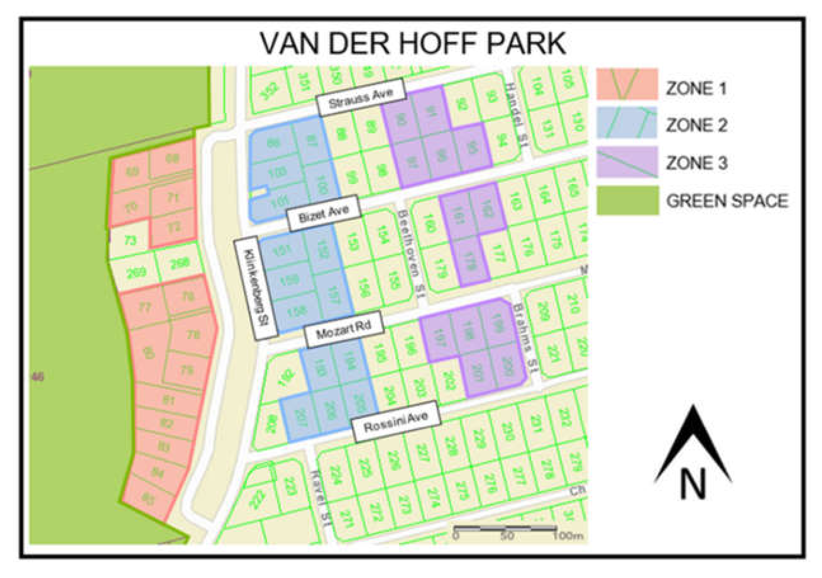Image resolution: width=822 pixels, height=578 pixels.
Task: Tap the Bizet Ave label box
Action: pyautogui.click(x=324, y=213)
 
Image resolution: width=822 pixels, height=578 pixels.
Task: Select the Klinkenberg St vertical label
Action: pyautogui.click(x=256, y=288)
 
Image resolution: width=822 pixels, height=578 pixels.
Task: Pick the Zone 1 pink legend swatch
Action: pyautogui.click(x=627, y=84)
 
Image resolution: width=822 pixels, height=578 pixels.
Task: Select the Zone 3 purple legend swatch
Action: pyautogui.click(x=627, y=162)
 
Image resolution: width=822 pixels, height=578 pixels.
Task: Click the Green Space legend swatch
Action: pyautogui.click(x=627, y=200)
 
